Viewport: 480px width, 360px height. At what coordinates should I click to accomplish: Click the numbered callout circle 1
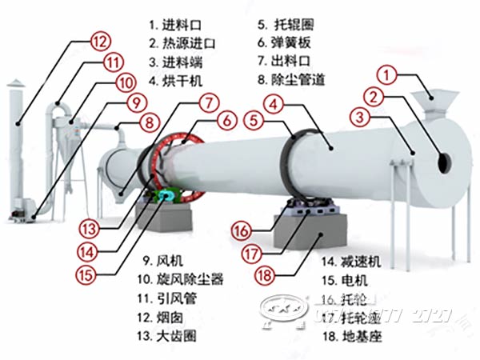click(388, 77)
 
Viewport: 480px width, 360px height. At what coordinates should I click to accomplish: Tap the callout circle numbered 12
click(100, 40)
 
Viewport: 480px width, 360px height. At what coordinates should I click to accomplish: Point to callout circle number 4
click(273, 103)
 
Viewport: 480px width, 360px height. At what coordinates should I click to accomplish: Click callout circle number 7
click(209, 102)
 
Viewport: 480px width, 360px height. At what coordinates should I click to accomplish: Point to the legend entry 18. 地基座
click(352, 337)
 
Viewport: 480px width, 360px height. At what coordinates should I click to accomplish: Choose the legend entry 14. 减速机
click(352, 261)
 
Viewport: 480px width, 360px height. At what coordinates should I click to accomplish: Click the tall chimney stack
click(16, 144)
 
